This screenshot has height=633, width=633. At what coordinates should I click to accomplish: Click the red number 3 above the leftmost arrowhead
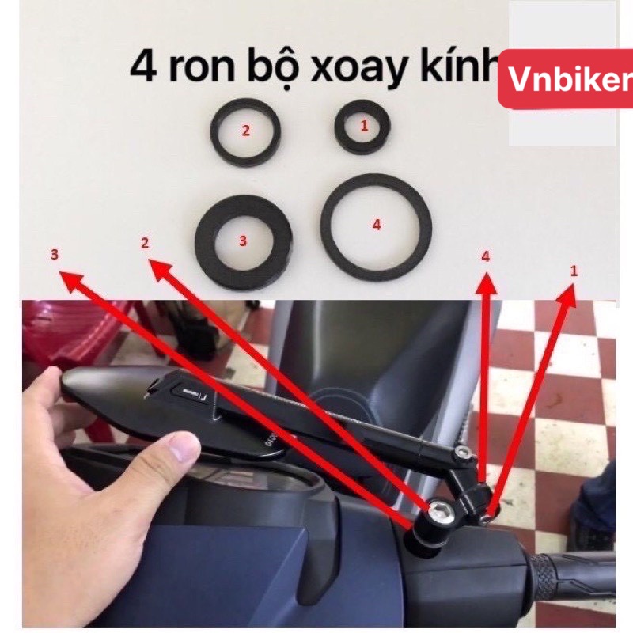(x=54, y=255)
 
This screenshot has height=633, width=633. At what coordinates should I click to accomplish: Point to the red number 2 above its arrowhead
(x=145, y=244)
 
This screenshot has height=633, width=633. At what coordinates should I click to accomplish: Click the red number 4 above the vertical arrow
(x=486, y=256)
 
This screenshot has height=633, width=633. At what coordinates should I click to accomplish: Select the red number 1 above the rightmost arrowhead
(x=574, y=271)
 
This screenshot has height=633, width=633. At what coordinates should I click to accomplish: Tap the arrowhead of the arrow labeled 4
(x=486, y=282)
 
